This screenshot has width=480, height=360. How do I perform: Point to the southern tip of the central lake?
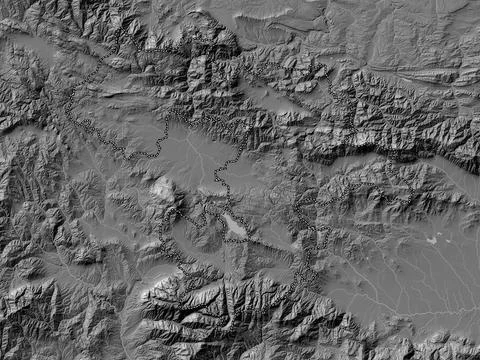(x=244, y=238)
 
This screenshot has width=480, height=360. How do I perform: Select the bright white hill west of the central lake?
(x=163, y=187)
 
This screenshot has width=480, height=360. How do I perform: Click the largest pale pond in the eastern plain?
(x=431, y=240)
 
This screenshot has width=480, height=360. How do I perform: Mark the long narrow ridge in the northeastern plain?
(x=400, y=75)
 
